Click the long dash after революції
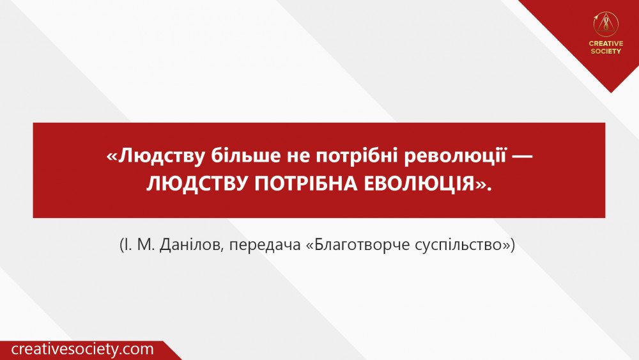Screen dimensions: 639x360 coord(521,157)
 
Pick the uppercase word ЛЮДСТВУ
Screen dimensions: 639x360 coord(197,184)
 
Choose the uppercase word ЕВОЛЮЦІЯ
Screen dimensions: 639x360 coord(419,184)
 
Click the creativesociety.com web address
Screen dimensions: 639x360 coord(82,349)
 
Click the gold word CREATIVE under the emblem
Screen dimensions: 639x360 coord(606,43)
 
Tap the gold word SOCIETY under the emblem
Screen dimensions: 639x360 coord(606,51)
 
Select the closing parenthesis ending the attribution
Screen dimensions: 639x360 coord(512,246)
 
